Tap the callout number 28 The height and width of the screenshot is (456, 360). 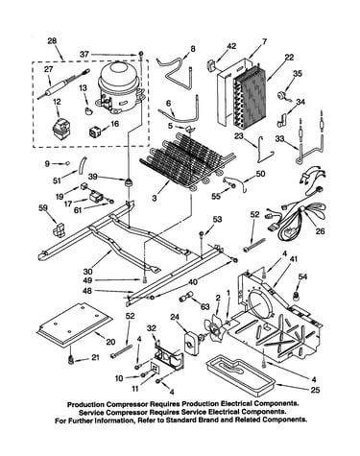(x=52, y=41)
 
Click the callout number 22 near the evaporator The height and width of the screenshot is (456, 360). (x=289, y=58)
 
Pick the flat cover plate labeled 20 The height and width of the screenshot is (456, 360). (x=75, y=324)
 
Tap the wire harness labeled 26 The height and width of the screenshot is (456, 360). (x=296, y=209)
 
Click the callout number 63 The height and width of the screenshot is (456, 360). (x=204, y=307)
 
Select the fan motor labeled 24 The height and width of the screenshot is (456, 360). (x=191, y=343)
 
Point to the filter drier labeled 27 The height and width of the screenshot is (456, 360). (x=63, y=84)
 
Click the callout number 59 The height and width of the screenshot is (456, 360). (x=42, y=208)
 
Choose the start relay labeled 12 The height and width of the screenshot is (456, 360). (x=60, y=128)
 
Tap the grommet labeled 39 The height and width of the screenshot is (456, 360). (x=129, y=182)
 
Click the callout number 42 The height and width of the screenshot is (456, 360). (x=231, y=46)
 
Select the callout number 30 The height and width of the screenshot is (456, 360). (x=87, y=272)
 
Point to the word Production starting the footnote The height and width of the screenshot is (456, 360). (x=85, y=404)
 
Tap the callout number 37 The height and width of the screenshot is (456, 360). (x=84, y=55)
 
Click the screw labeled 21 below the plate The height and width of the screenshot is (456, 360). (x=70, y=360)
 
